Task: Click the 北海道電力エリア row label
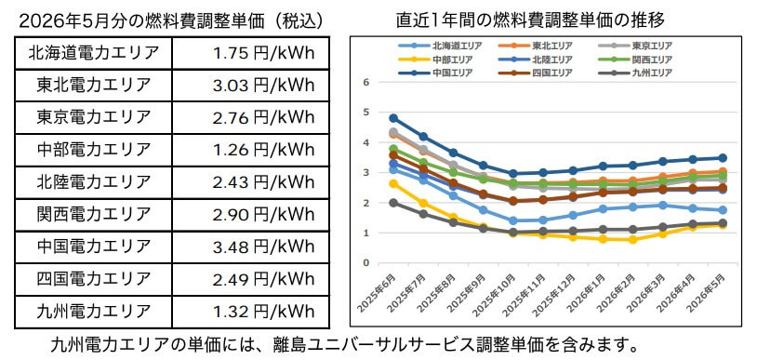click(94, 52)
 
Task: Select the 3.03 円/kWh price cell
click(261, 86)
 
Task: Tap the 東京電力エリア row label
click(94, 118)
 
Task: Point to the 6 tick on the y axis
click(368, 83)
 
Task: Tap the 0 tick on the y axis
click(368, 263)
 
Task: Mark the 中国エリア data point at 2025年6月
click(393, 118)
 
